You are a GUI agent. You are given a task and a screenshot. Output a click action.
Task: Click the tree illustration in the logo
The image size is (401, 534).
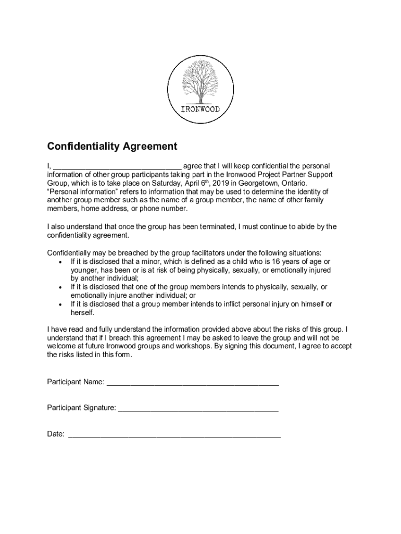click(x=200, y=80)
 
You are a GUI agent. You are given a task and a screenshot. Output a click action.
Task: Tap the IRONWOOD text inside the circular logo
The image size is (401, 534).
click(x=200, y=110)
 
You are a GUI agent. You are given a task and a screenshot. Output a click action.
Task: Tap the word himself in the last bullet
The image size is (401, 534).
click(x=308, y=304)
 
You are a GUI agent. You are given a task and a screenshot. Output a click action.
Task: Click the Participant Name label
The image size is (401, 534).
click(x=76, y=382)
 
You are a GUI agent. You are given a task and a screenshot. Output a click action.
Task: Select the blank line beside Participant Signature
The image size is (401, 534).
click(x=198, y=409)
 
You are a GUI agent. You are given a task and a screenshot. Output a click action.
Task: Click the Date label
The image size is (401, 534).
click(x=56, y=434)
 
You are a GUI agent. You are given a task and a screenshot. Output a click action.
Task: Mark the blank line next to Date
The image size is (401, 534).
click(x=174, y=435)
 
